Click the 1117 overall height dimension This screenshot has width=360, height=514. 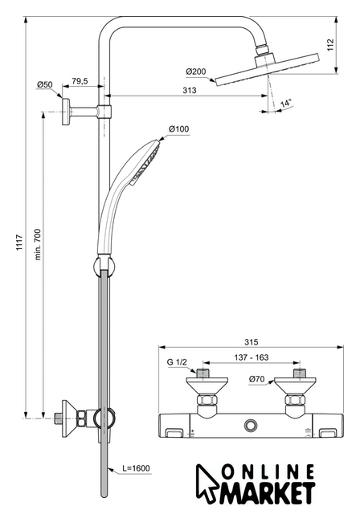19,243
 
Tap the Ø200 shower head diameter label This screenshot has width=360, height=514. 196,71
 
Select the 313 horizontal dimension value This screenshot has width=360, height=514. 190,90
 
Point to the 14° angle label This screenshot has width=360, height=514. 286,104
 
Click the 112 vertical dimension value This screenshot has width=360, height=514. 330,45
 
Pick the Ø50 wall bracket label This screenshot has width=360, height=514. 44,84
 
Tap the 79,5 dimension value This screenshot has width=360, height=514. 80,81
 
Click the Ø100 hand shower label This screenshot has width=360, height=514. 178,128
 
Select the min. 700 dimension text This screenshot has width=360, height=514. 38,244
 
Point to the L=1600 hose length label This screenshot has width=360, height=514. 136,468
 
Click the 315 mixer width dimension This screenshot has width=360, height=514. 252,342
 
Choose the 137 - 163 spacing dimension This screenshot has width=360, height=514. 252,357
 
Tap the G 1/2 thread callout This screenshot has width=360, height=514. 177,362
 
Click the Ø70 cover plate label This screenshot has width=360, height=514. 256,379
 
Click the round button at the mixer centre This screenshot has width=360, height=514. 251,425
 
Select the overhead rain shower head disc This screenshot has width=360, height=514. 267,70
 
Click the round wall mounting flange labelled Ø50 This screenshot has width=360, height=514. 66,112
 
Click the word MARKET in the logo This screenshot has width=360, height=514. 267,493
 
